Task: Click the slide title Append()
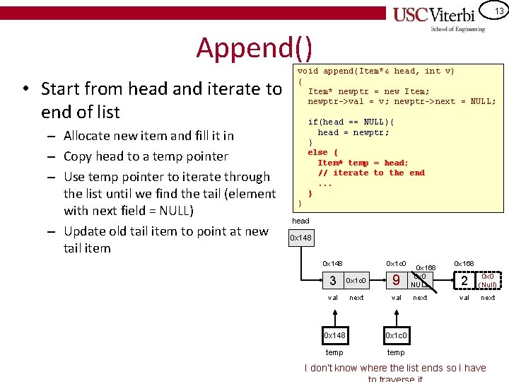click(x=253, y=47)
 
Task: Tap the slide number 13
click(x=499, y=11)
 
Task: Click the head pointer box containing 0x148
click(x=301, y=238)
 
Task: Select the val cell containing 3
click(x=333, y=281)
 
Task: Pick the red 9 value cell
click(x=397, y=281)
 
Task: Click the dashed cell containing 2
click(x=464, y=281)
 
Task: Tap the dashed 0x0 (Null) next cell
click(x=488, y=281)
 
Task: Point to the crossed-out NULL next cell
click(x=420, y=281)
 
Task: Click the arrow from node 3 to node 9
click(x=375, y=281)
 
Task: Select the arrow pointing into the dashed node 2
click(x=441, y=282)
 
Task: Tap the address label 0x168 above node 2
click(x=464, y=263)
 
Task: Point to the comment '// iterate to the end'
click(x=371, y=173)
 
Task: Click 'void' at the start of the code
click(x=308, y=71)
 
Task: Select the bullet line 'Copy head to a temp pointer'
click(x=146, y=156)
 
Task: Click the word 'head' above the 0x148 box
click(x=300, y=221)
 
